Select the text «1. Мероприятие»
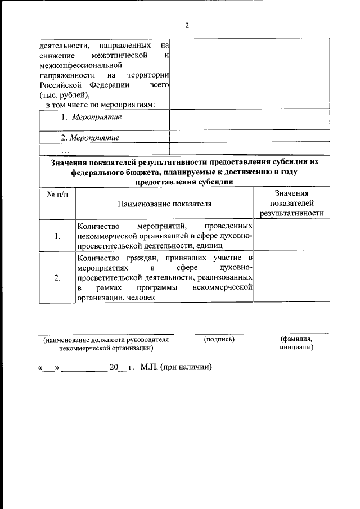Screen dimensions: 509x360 91,117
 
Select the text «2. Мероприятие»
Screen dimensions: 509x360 90,137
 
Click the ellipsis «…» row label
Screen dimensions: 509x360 64,150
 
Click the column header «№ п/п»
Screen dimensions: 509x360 57,194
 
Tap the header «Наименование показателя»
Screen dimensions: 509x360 164,204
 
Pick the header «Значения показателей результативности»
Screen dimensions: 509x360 291,203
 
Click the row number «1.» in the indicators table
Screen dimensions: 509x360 57,236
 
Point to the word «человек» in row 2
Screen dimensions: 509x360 136,298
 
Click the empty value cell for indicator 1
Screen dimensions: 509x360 291,235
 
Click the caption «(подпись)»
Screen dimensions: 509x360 219,339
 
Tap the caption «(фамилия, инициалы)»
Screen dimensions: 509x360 296,343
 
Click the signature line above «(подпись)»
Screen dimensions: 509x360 219,334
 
